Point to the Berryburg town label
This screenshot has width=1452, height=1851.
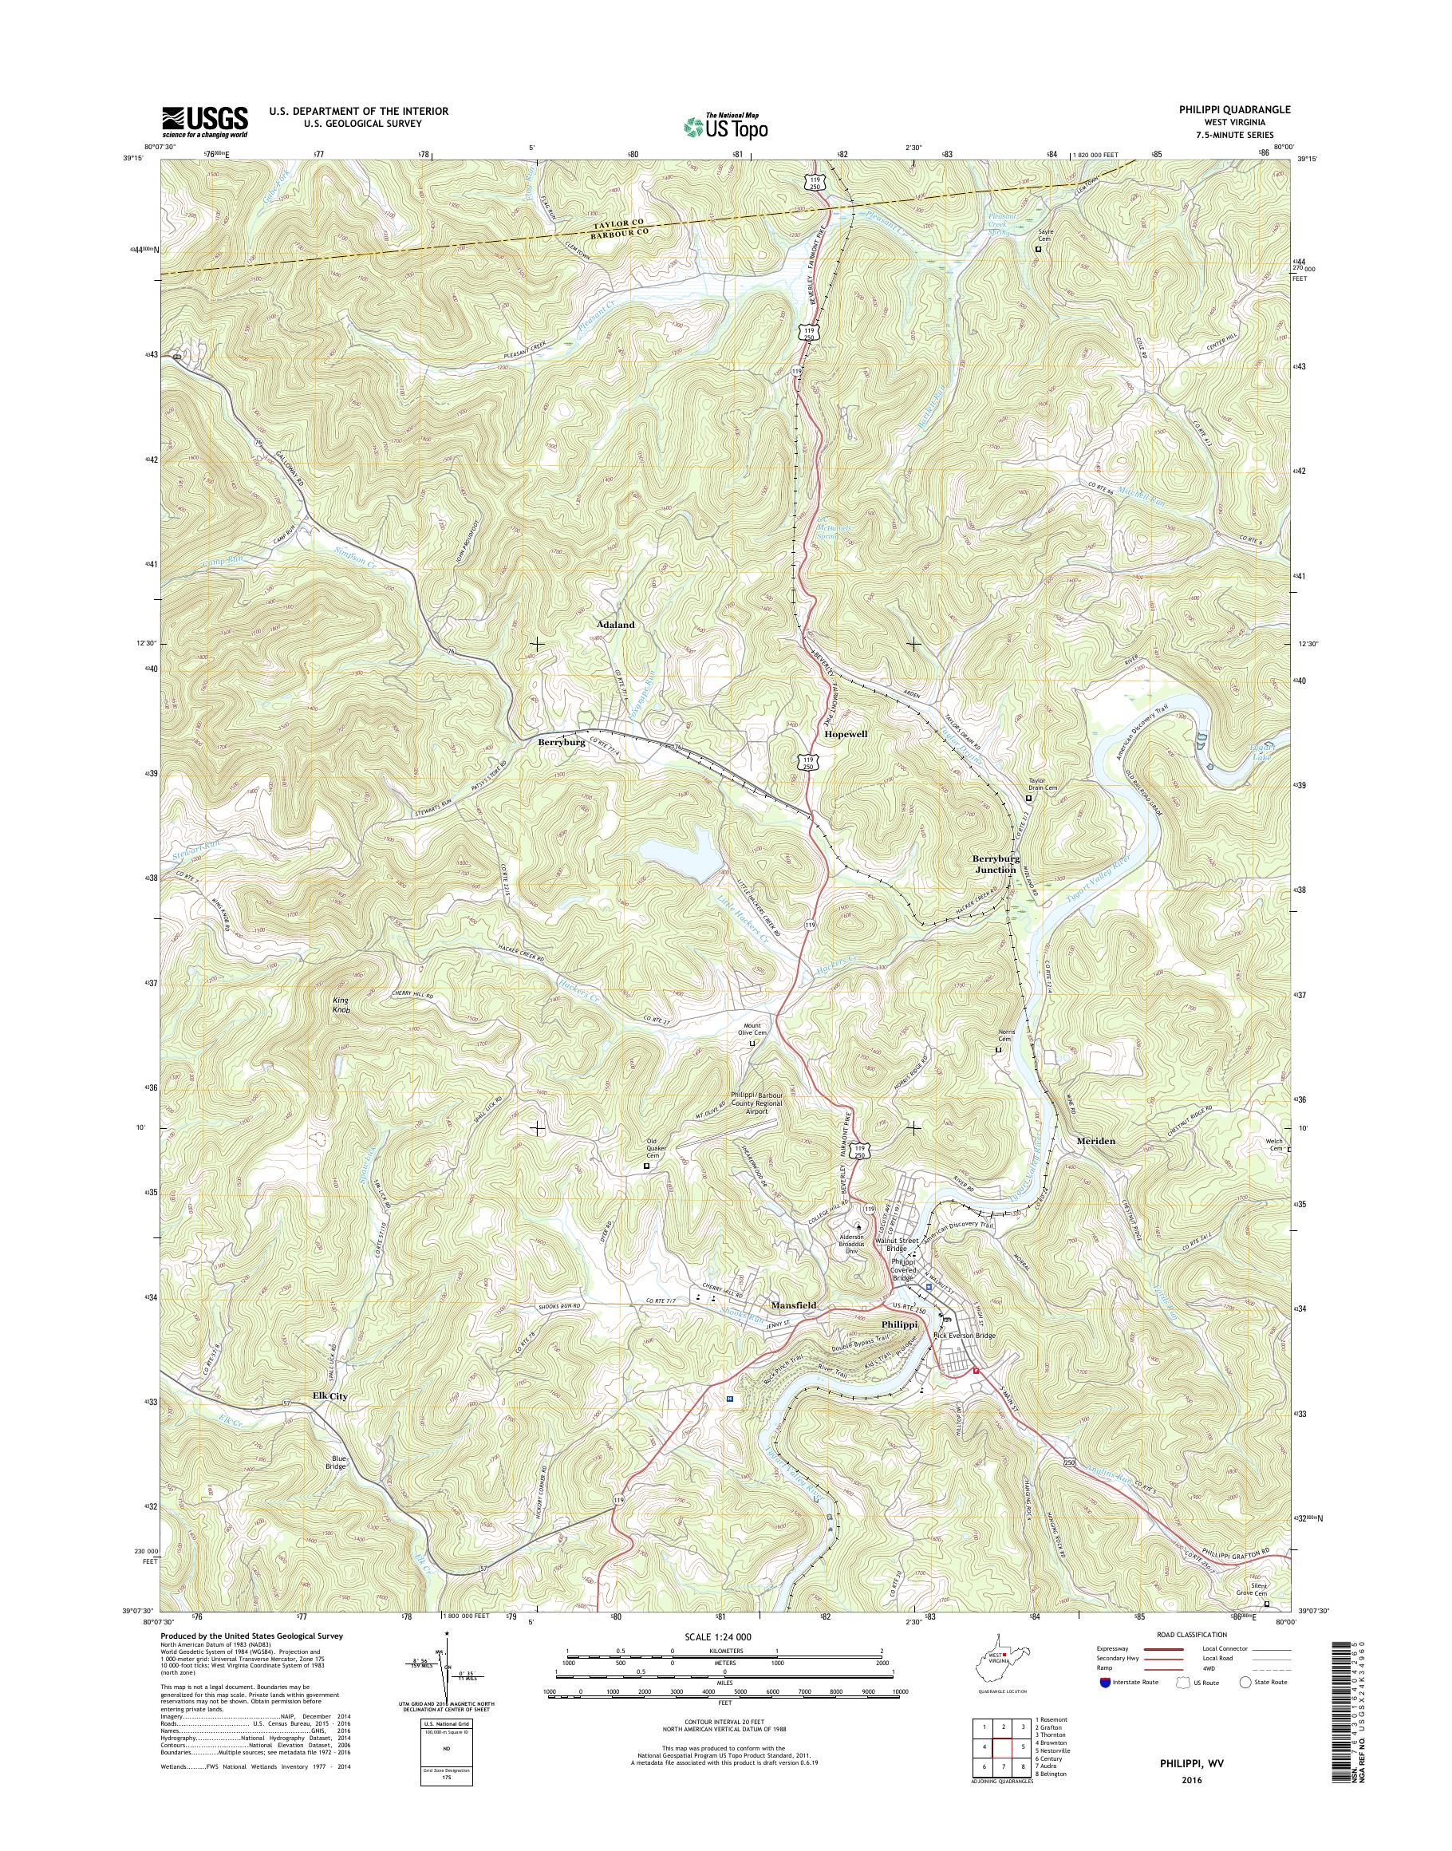[x=561, y=741]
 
